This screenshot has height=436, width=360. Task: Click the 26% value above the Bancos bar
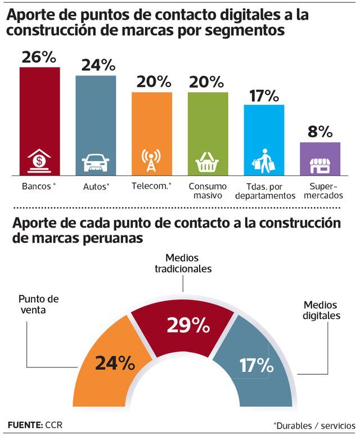[39, 57]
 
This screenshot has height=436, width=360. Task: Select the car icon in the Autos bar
[96, 162]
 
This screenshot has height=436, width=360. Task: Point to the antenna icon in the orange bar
[151, 161]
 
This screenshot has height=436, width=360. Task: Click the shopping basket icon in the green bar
[207, 163]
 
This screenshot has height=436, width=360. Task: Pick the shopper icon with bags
[263, 161]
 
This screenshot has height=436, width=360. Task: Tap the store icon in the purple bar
[319, 165]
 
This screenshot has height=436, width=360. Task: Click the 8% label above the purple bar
[319, 133]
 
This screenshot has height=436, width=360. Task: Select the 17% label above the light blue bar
[264, 96]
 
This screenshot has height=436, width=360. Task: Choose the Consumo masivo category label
[208, 190]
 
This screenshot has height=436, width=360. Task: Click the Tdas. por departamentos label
[264, 190]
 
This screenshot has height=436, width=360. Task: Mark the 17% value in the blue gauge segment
[256, 366]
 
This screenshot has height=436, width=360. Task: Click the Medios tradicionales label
[183, 263]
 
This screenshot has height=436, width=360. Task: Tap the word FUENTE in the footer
[25, 424]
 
